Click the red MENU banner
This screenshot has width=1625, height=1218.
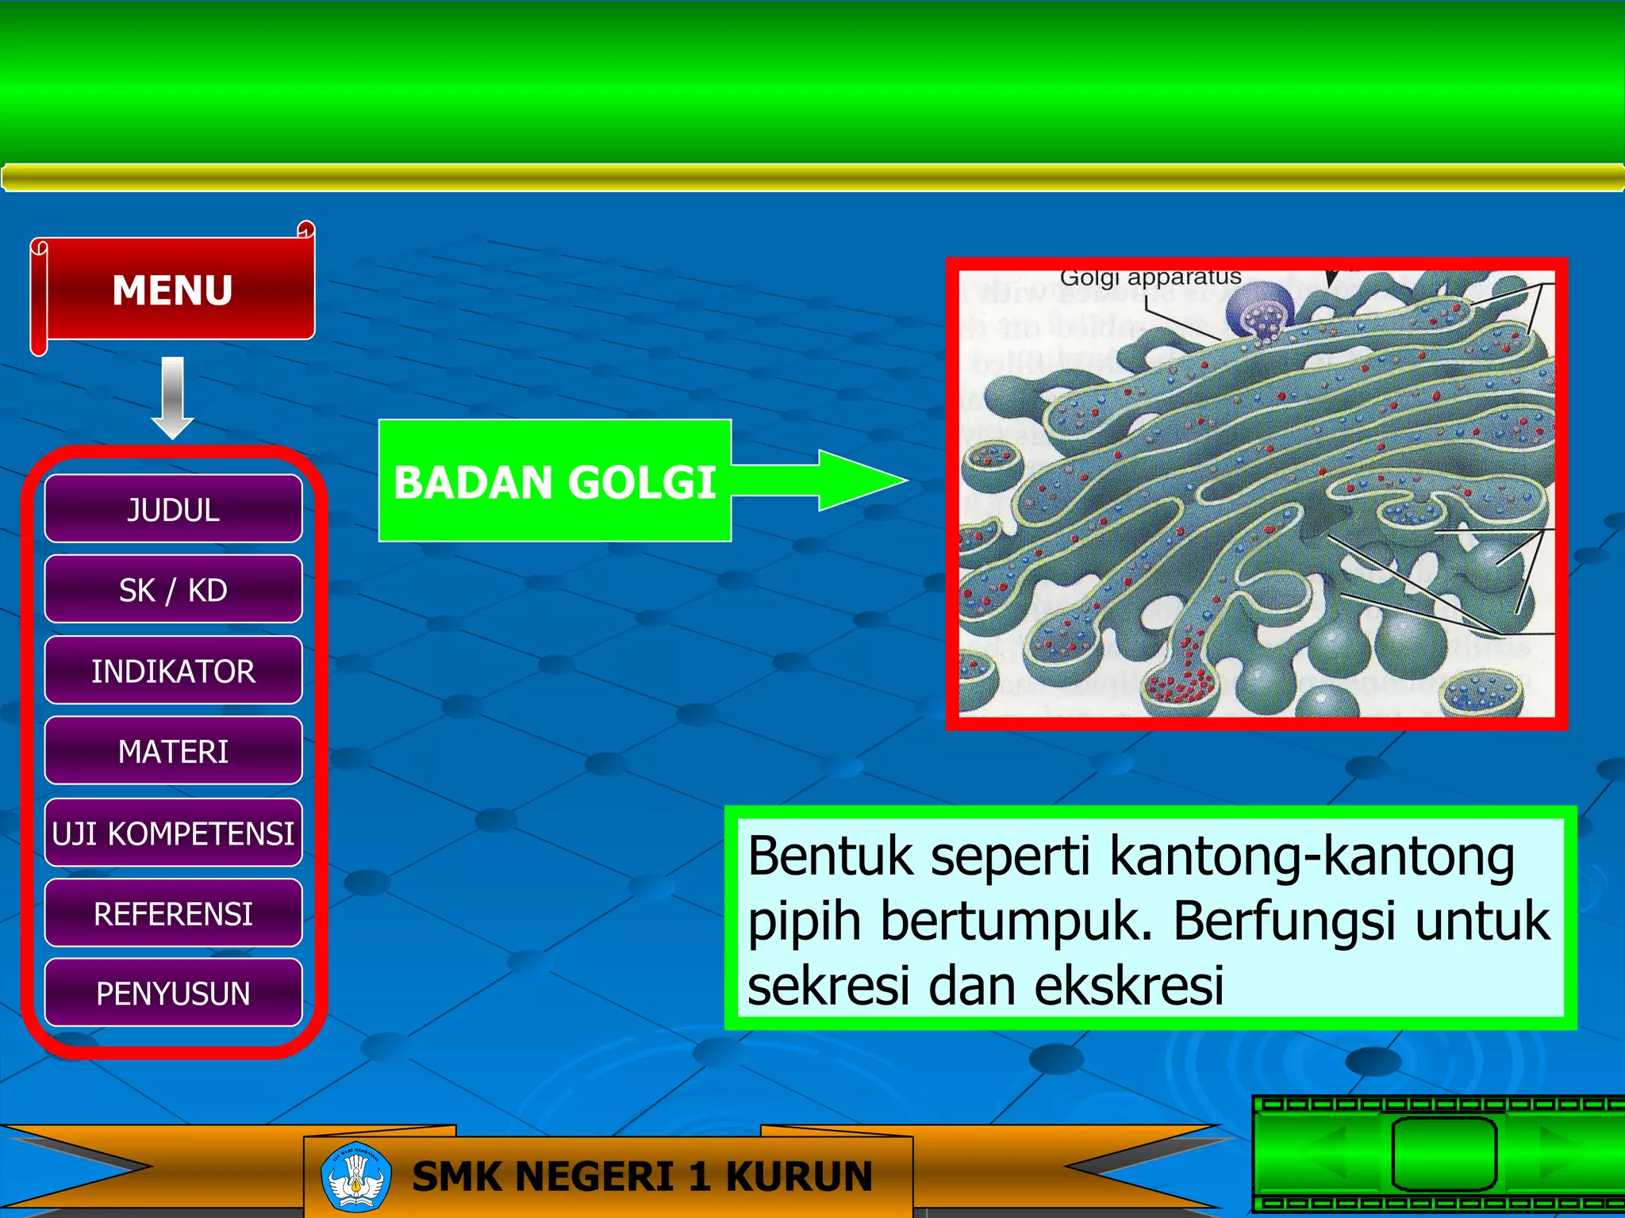[x=173, y=289]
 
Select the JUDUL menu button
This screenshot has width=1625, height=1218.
[x=173, y=510]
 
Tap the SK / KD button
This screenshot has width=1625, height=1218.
[x=173, y=590]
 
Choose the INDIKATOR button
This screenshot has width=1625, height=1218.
[x=173, y=671]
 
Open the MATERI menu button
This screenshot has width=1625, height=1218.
[x=173, y=751]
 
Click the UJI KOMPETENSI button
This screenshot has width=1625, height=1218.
[x=173, y=833]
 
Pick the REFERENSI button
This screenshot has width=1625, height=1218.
[x=173, y=913]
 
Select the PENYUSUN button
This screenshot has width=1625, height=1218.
[x=173, y=993]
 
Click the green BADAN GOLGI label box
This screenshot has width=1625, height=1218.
[x=555, y=481]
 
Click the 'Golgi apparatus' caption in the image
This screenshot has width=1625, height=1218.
[x=1150, y=278]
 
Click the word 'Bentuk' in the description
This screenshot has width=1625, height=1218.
[x=830, y=856]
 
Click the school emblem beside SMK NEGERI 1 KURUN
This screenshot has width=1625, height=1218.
[x=356, y=1177]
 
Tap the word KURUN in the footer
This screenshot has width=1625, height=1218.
[x=798, y=1176]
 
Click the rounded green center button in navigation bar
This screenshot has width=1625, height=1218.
[x=1443, y=1154]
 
